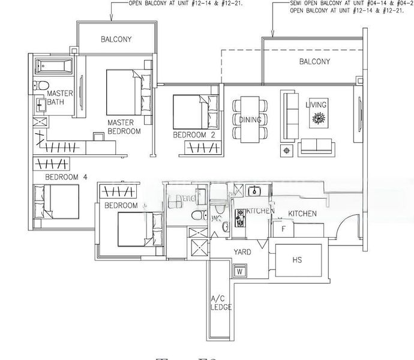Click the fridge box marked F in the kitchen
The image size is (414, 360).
coord(283,229)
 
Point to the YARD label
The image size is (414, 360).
coord(242,252)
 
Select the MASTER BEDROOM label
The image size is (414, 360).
coord(124,127)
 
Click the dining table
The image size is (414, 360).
coord(250,119)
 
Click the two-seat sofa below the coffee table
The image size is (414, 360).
coord(316,146)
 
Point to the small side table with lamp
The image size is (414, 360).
coord(286,149)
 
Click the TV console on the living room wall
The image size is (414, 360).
coord(359,114)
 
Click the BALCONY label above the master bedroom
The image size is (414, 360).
coord(116,40)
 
